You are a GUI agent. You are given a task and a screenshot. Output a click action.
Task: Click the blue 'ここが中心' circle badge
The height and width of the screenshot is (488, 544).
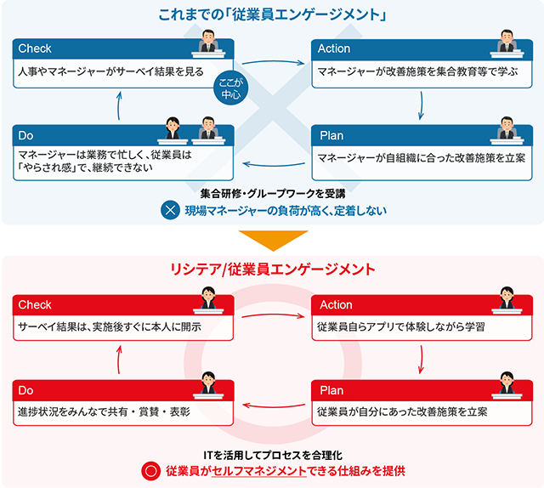(230, 88)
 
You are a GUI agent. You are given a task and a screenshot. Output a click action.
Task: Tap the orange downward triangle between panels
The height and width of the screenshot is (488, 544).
(273, 241)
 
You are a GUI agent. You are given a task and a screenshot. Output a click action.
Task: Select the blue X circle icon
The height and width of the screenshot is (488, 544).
(170, 210)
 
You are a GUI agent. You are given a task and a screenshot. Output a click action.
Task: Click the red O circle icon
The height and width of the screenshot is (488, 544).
(151, 471)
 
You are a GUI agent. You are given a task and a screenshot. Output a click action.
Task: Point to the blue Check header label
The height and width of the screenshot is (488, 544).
(35, 48)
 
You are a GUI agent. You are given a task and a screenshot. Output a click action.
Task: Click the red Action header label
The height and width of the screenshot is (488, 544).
(336, 304)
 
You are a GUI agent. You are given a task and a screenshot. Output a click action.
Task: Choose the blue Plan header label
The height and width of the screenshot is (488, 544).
(331, 136)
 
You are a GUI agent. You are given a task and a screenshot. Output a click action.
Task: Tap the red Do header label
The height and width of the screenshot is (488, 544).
(25, 390)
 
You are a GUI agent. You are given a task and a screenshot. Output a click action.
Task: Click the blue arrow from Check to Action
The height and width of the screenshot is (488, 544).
(273, 62)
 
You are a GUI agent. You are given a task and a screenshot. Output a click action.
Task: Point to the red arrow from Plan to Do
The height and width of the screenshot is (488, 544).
(274, 406)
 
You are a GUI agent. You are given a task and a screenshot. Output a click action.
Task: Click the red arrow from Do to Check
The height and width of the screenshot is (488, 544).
(119, 360)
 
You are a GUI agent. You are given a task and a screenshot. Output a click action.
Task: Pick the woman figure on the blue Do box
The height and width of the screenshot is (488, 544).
(173, 130)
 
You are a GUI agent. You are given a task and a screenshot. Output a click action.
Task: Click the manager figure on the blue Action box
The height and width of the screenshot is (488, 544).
(507, 43)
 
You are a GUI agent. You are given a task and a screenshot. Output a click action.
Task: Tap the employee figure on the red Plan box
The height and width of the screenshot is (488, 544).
(507, 385)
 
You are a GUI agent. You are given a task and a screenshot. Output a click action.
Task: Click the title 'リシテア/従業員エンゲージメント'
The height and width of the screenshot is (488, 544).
(273, 270)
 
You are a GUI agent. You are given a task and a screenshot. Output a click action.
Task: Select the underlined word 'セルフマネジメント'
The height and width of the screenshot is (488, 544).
(258, 471)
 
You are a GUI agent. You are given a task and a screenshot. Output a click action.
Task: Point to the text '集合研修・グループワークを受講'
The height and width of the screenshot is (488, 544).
(273, 193)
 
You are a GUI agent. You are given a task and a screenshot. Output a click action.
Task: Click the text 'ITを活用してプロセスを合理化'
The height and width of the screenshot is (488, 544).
(273, 455)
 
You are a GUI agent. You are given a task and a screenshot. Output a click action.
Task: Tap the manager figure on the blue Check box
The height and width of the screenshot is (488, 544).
(208, 43)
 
